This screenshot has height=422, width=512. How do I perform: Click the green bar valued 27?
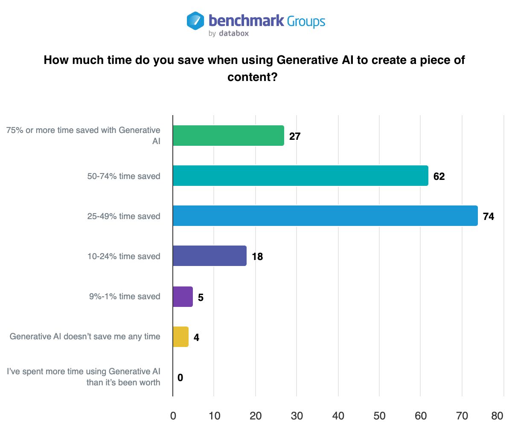click(228, 136)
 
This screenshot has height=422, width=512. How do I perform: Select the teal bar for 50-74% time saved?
click(300, 176)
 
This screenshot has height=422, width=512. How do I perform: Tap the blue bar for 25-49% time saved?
click(325, 216)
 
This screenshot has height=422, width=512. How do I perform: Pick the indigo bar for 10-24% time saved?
click(209, 256)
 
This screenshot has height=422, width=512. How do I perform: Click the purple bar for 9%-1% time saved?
click(183, 296)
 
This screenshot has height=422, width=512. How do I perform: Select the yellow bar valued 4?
click(180, 336)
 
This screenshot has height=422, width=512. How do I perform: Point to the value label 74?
click(488, 217)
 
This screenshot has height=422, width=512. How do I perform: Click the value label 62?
click(439, 176)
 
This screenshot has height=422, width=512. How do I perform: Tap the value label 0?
click(180, 378)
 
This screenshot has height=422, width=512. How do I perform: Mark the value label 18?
click(257, 257)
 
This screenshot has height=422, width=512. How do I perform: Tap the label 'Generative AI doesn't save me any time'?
click(85, 337)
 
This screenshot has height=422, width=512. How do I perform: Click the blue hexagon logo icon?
click(195, 21)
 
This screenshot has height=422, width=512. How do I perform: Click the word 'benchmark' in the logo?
click(246, 20)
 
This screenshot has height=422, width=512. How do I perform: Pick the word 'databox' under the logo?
click(234, 33)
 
